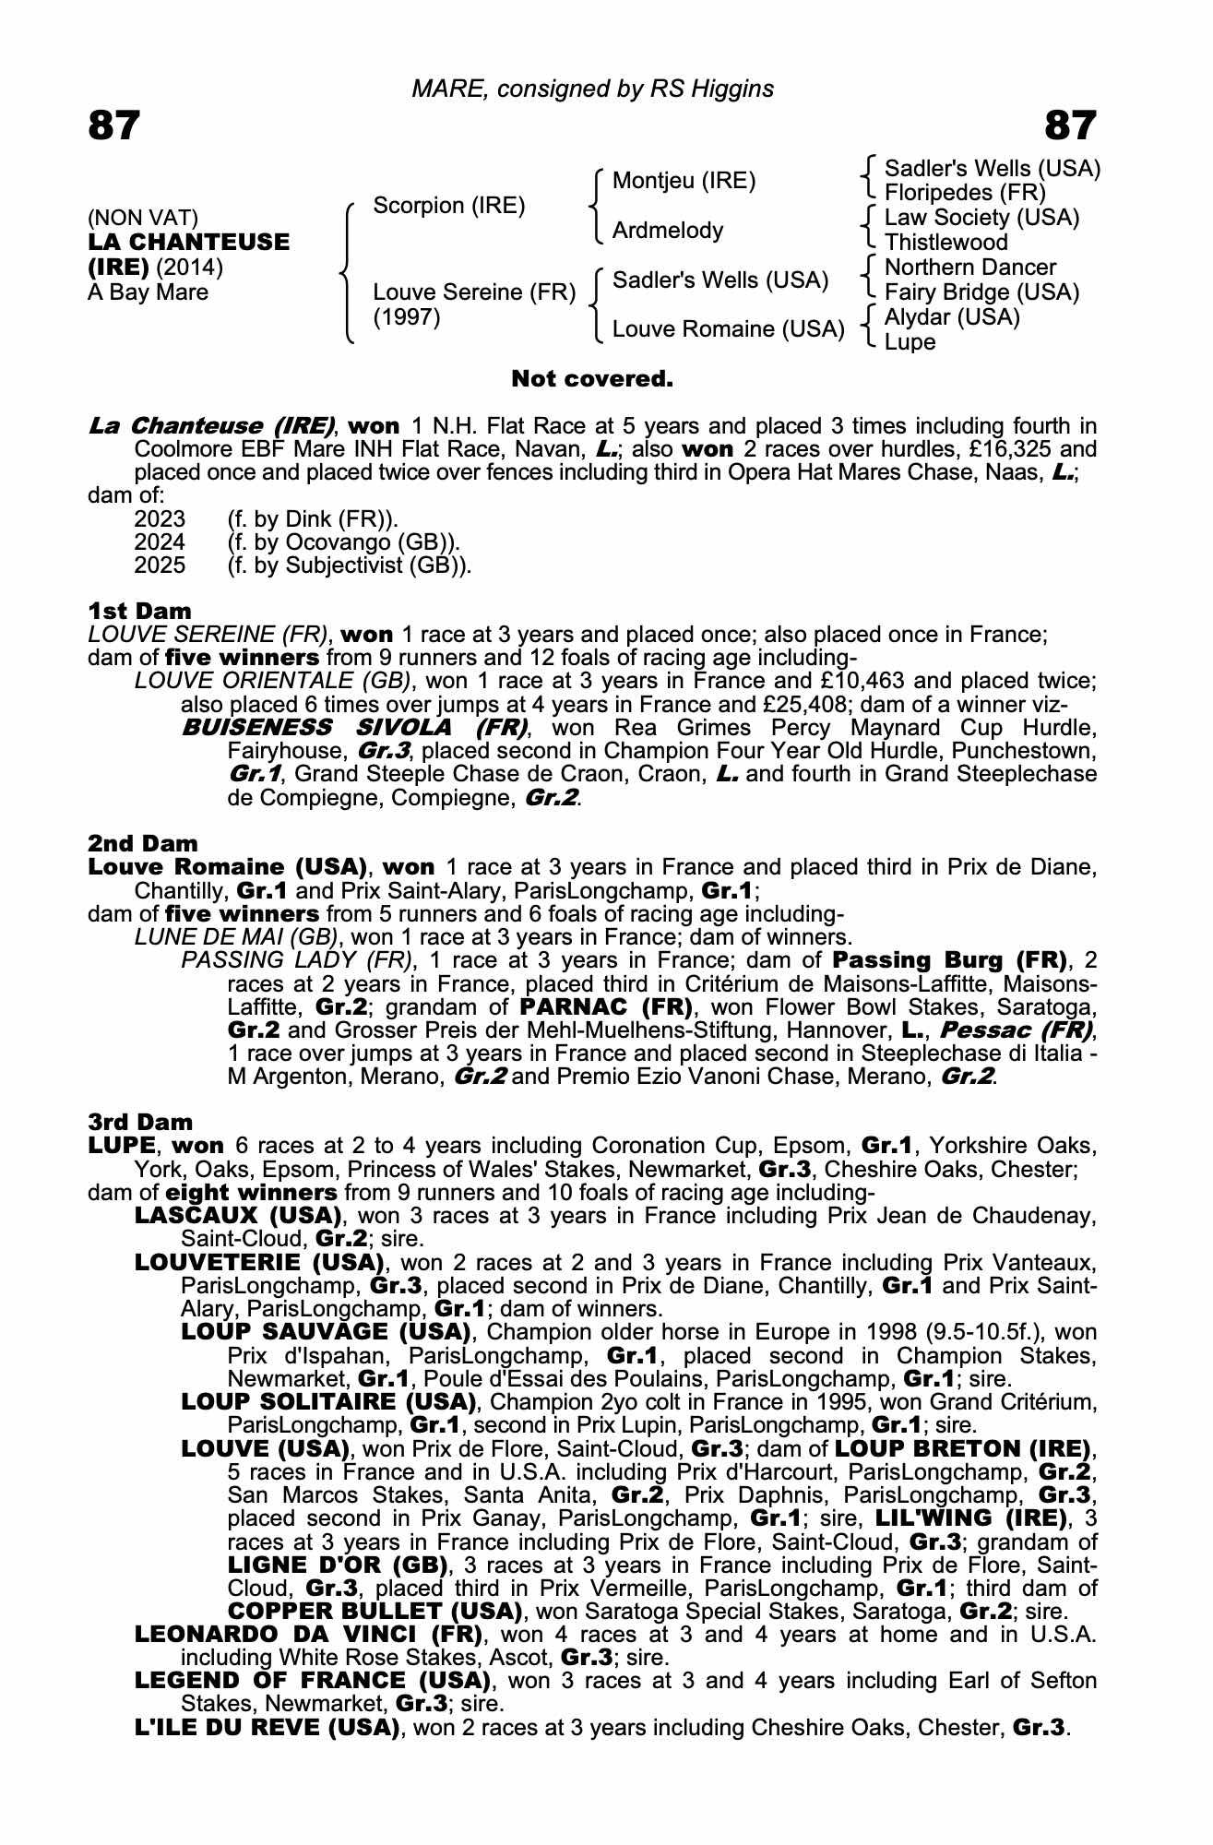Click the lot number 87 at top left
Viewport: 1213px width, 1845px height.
point(113,125)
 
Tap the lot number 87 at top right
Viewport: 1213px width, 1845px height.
point(1071,125)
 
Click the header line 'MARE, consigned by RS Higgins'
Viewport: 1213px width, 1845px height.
point(592,89)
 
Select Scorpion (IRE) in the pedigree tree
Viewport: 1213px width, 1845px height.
point(448,206)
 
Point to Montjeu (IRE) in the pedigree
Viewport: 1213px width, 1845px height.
point(684,181)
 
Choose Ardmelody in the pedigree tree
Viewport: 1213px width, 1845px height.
point(668,231)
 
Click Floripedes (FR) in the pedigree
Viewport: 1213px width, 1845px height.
point(965,193)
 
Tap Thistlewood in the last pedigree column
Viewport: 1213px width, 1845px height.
point(945,243)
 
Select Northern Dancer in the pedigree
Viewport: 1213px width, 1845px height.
point(969,268)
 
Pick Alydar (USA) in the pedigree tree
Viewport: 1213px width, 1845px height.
point(952,317)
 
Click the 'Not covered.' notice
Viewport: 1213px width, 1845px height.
point(592,378)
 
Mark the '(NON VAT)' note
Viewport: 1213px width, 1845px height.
point(143,218)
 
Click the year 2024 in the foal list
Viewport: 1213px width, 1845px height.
point(160,542)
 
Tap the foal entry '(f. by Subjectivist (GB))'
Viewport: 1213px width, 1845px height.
point(349,565)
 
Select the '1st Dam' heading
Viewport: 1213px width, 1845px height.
point(139,611)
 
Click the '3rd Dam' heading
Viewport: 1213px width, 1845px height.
point(140,1122)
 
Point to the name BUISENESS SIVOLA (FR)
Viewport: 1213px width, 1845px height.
point(354,727)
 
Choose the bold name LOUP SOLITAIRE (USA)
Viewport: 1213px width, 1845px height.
point(328,1402)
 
